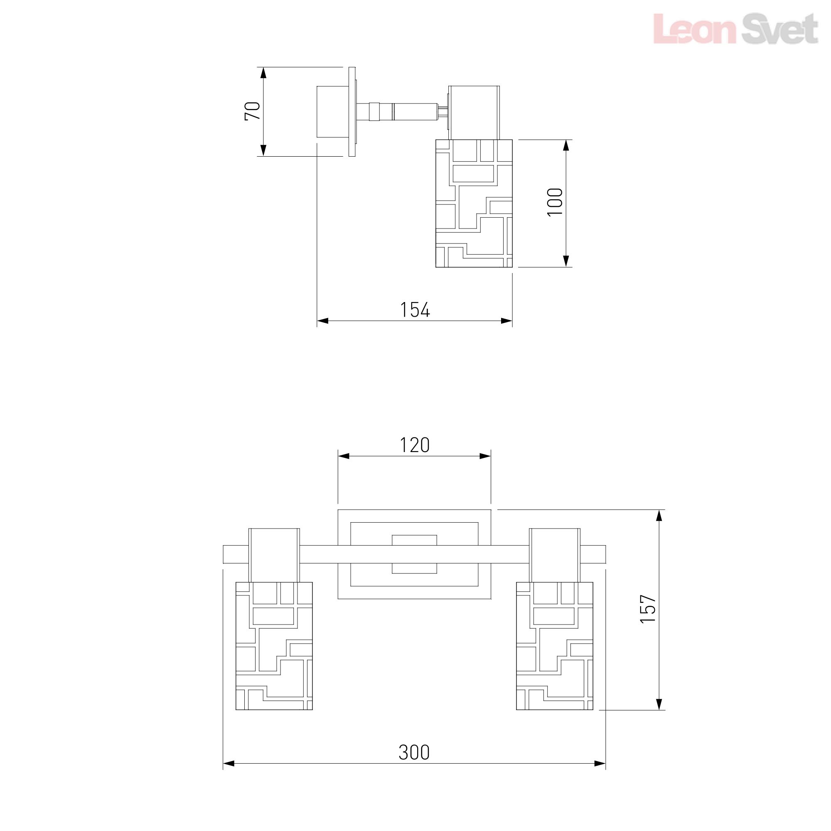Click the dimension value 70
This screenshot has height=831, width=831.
pos(253,111)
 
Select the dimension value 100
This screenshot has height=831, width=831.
pos(555,202)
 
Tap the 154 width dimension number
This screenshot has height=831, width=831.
pos(415,310)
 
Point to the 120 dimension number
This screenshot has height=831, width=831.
pos(415,445)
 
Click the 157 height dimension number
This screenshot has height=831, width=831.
pos(648,608)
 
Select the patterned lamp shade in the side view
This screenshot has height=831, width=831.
pos(474,203)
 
